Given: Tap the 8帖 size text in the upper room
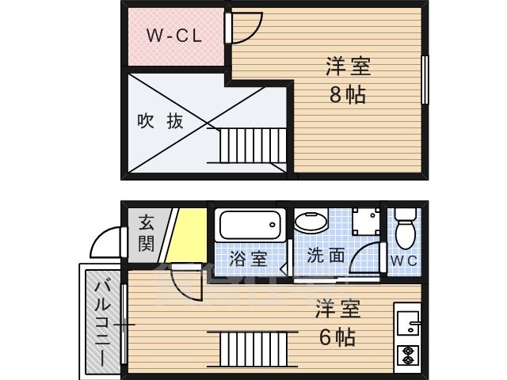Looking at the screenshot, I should pos(347,94).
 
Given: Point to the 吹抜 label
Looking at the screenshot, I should pos(161,121).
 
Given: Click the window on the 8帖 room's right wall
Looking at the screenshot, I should pos(425,79).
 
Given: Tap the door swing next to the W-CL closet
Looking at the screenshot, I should pos(242,28).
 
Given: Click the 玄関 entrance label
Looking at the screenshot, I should pos(146,232).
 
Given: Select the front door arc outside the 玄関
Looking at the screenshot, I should pos(106,242).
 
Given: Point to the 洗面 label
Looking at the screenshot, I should pos(326,256).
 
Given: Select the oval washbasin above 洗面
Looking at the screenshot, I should pos(310,221).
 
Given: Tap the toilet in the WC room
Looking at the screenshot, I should pos(405,227).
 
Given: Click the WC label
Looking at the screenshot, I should pos(403,260).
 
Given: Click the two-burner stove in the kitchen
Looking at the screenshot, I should pos(408,355).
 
